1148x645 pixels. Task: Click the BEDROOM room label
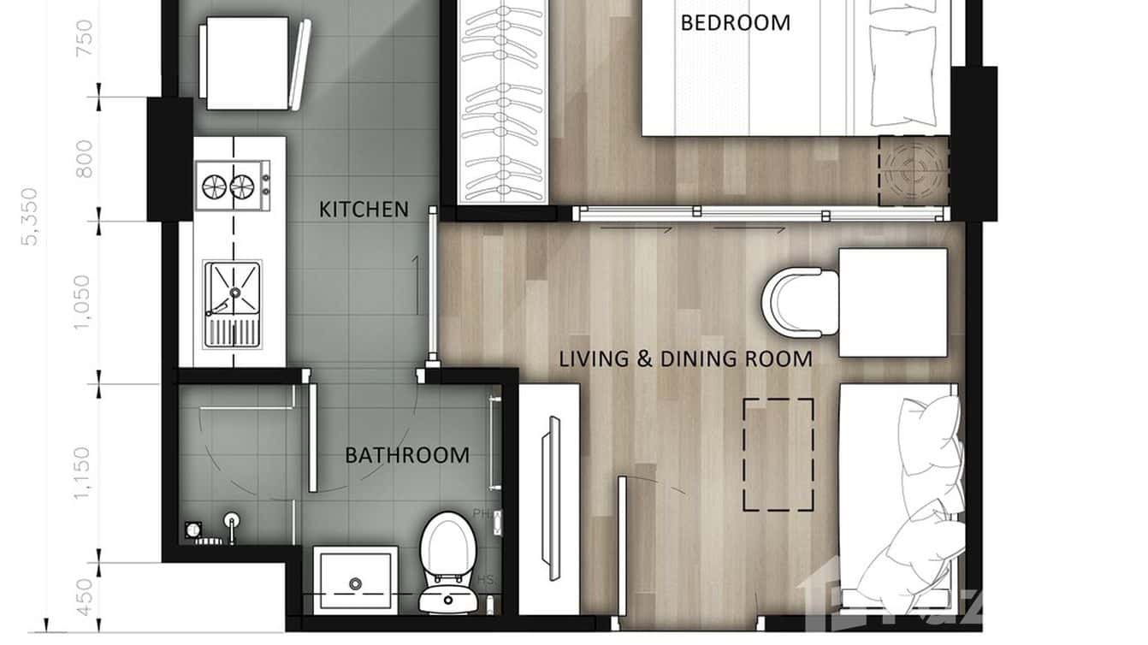pos(735,22)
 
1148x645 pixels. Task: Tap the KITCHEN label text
pos(364,209)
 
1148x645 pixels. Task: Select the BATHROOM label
pos(406,455)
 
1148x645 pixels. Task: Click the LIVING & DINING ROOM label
pos(685,358)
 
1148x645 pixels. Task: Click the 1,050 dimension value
pos(84,301)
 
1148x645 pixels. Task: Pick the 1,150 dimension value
pos(84,473)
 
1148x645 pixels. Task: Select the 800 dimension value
pos(84,158)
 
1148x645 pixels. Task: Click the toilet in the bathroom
pos(447,560)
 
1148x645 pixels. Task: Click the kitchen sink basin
pos(233,291)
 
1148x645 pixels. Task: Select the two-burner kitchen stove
pos(231,184)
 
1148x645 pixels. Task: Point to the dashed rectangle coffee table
pos(778,454)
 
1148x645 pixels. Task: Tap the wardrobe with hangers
pos(502,101)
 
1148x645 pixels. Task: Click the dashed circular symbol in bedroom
pos(913,171)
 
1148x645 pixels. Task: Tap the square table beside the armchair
pos(892,302)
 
